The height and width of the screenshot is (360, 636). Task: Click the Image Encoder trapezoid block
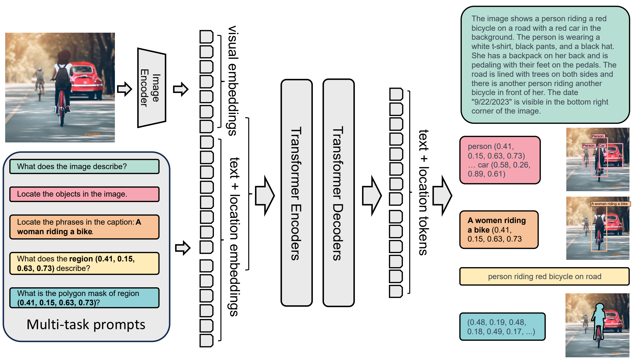pyautogui.click(x=152, y=88)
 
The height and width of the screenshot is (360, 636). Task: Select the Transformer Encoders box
pyautogui.click(x=296, y=193)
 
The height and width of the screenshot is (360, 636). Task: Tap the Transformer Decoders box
pyautogui.click(x=338, y=193)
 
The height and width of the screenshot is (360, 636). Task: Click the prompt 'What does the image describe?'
pyautogui.click(x=84, y=166)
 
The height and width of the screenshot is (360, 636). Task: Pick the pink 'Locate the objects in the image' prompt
pyautogui.click(x=84, y=194)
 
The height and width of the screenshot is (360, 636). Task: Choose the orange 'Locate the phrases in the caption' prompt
pyautogui.click(x=84, y=227)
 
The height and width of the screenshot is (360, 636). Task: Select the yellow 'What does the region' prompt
pyautogui.click(x=84, y=263)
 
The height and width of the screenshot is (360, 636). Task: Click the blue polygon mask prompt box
pyautogui.click(x=84, y=298)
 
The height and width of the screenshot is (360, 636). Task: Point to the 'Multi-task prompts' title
pyautogui.click(x=86, y=325)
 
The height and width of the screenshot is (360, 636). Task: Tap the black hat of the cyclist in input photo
pyautogui.click(x=64, y=56)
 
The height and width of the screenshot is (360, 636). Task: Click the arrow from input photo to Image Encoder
pyautogui.click(x=124, y=89)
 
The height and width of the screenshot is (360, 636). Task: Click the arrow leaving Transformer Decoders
pyautogui.click(x=372, y=196)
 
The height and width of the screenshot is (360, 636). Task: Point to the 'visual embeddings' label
pyautogui.click(x=233, y=81)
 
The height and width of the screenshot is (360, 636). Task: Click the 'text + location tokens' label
pyautogui.click(x=424, y=192)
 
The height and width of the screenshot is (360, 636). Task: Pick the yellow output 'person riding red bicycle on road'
pyautogui.click(x=544, y=277)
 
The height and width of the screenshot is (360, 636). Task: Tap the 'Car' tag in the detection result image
pyautogui.click(x=602, y=146)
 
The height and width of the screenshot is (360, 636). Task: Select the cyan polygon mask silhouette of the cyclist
pyautogui.click(x=599, y=319)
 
